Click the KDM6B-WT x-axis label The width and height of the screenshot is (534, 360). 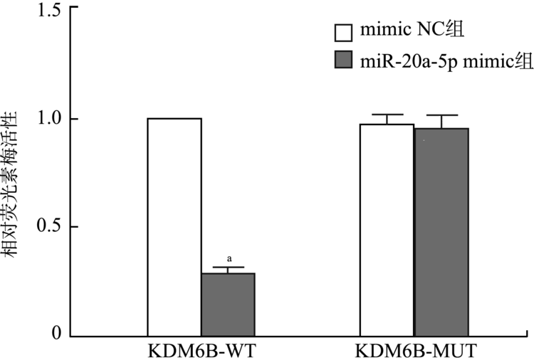pos(201,351)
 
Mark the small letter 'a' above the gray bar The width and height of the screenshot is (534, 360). pos(229,260)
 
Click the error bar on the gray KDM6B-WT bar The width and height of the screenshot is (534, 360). pos(228,270)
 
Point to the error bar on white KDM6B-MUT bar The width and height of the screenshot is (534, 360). pos(387,119)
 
